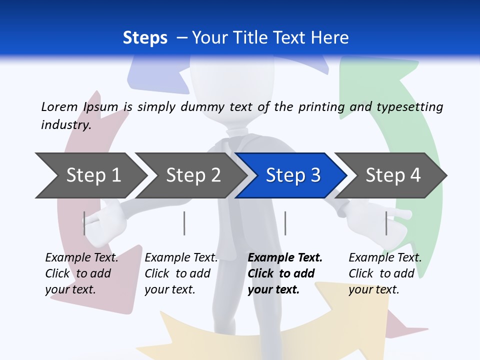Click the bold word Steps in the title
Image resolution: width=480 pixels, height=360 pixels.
[x=145, y=38]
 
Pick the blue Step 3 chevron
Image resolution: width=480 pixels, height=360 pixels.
[x=292, y=175]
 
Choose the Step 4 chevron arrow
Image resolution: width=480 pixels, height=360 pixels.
[x=392, y=175]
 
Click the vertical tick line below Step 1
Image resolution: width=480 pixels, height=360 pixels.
[x=84, y=223]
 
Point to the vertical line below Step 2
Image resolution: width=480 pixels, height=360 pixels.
[x=184, y=223]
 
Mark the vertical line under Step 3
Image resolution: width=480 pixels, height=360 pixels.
[x=285, y=223]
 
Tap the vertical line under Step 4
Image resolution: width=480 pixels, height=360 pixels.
[x=386, y=223]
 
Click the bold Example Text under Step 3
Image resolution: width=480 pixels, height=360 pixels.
[x=285, y=257]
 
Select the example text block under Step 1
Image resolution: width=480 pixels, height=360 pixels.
[x=81, y=273]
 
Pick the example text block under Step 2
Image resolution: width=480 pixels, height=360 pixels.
[x=181, y=273]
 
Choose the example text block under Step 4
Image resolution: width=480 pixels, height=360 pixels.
[x=385, y=273]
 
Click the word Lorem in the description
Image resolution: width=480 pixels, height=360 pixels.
[x=59, y=106]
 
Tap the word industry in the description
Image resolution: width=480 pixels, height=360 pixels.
[x=65, y=124]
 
